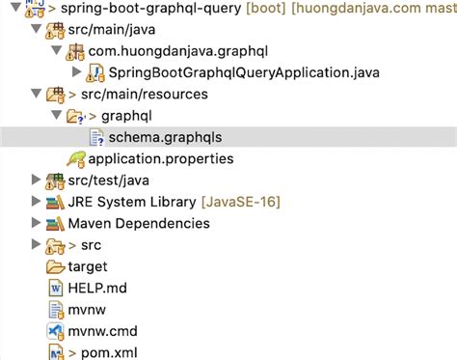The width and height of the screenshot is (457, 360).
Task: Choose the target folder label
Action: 87,265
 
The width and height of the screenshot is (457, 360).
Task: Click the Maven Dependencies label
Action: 138,223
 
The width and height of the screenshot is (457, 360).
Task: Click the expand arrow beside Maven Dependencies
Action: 36,223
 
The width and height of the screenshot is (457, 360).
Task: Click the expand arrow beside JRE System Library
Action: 36,201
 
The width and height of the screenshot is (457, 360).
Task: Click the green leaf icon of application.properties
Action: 75,157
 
